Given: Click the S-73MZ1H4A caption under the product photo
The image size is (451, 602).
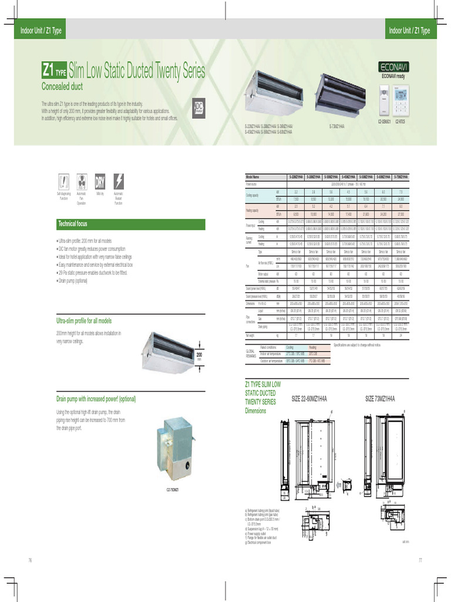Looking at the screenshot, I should pos(336,126).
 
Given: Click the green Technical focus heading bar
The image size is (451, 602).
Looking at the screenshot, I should pos(130,224).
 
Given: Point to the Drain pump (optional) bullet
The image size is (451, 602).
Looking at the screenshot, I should pos(75,282).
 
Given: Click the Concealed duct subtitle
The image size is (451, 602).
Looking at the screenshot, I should pos(62,86).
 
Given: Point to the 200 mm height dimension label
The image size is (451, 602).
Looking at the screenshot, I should pos(199,357).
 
